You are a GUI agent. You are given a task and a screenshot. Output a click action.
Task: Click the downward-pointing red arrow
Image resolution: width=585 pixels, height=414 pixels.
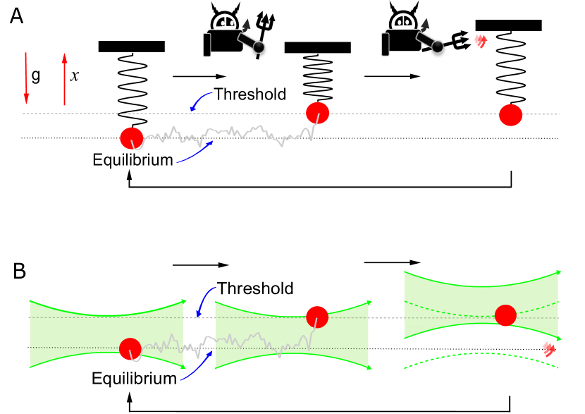tap(26, 78)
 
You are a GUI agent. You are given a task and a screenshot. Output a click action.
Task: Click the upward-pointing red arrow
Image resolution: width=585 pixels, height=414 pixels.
tap(64, 79)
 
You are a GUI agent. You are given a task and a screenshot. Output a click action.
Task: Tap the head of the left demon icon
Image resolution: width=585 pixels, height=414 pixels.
tap(225, 22)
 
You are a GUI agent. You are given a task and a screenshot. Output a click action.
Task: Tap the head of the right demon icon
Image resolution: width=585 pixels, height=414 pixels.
tap(403, 21)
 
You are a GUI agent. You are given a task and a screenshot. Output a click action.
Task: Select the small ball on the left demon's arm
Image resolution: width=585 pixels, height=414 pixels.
tap(259, 47)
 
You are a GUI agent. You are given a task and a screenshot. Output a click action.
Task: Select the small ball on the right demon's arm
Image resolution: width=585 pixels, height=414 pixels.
tap(438, 47)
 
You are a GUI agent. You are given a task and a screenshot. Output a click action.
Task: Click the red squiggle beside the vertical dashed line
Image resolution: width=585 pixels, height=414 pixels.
tap(481, 41)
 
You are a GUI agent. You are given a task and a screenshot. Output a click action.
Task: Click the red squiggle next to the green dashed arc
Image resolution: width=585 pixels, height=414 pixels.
tap(548, 348)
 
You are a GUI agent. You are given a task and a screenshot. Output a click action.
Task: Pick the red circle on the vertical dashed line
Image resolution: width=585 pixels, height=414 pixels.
tap(511, 115)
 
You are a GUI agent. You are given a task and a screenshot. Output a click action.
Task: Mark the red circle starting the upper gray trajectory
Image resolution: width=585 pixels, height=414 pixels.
tap(131, 138)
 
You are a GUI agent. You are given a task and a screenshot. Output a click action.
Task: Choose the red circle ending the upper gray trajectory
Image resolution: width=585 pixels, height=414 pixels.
tap(317, 113)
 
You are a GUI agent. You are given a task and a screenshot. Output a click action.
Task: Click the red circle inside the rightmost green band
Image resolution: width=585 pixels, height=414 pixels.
tap(505, 315)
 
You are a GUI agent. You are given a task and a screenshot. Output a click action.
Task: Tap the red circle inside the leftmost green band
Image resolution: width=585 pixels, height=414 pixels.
tap(130, 349)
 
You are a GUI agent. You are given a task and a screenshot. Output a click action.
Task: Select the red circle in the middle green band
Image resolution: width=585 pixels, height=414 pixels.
tap(317, 317)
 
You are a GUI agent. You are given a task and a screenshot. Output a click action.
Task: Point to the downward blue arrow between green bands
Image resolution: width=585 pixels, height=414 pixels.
tap(204, 300)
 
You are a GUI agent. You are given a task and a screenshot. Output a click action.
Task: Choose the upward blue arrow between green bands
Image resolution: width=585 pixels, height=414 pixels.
tap(198, 366)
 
